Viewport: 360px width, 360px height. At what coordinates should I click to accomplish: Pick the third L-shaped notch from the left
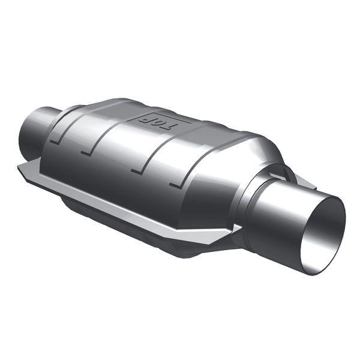pos(137,170)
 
